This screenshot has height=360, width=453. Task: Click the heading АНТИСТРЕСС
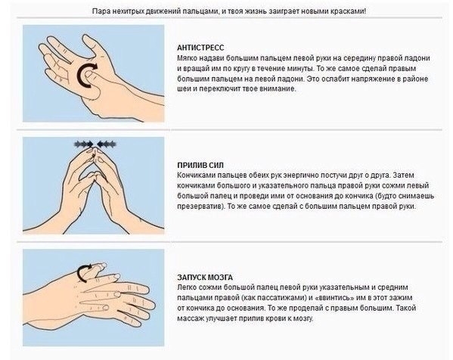pos(200,48)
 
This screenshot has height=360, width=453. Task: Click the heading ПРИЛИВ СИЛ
pos(200,166)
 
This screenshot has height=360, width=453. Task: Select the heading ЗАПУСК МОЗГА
pos(205,278)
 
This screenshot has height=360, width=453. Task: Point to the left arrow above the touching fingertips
pos(83,144)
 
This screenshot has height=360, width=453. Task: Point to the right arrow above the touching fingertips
pos(107,144)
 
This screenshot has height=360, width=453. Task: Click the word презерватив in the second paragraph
pos(200,206)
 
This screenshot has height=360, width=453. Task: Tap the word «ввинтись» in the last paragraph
pos(334,298)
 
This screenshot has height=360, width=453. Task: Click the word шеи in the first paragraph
pos(183,89)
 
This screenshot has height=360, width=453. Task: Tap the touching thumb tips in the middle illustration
pos(95,175)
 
